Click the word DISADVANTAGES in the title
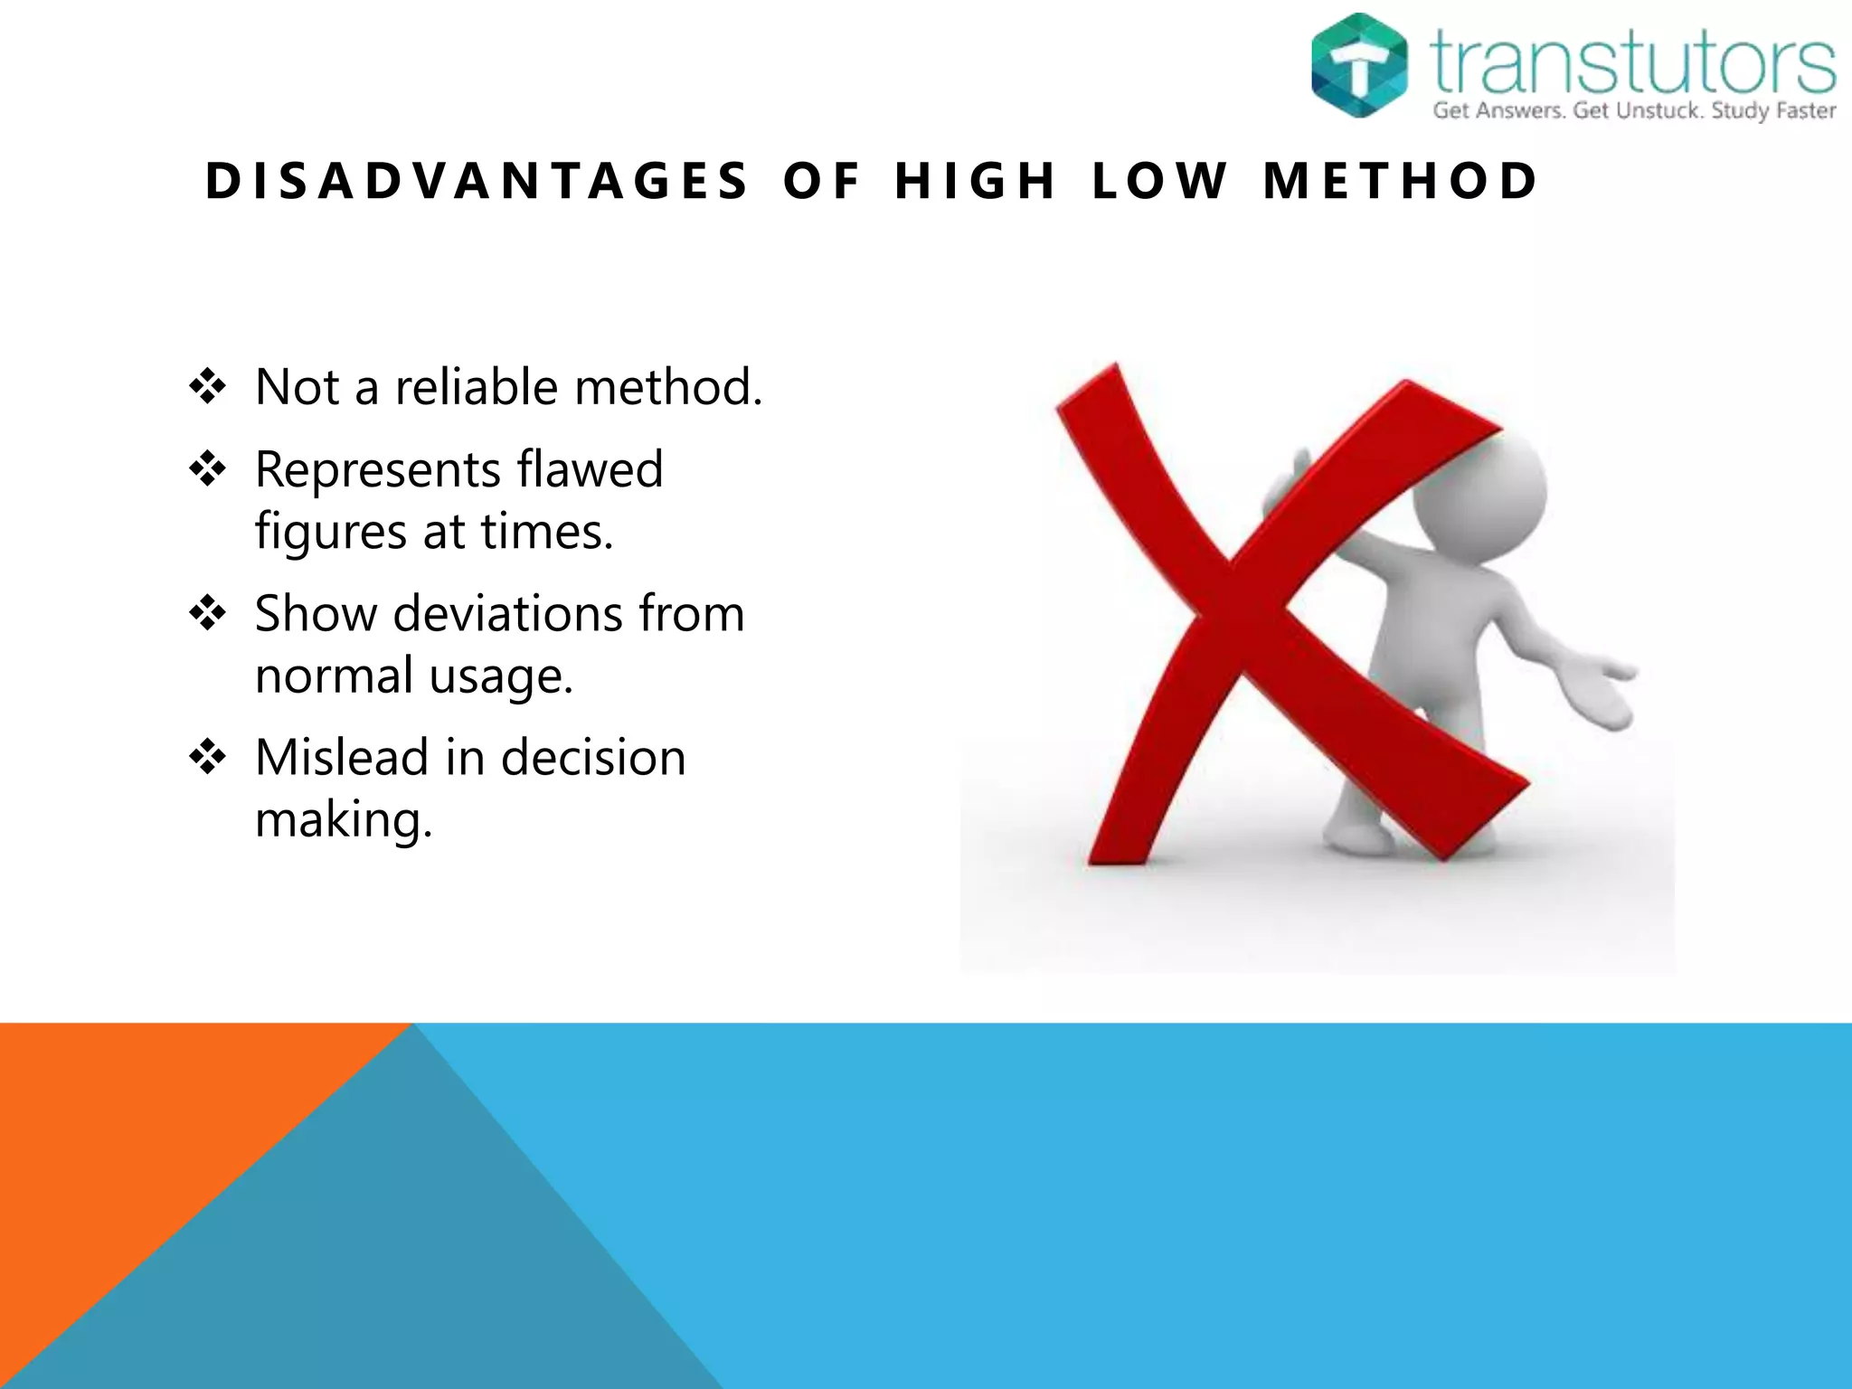[477, 181]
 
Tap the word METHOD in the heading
[1400, 181]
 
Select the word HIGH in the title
[975, 181]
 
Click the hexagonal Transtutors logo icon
[1358, 65]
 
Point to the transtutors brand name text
[1633, 61]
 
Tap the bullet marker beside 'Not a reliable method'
[208, 387]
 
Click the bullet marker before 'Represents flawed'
[208, 469]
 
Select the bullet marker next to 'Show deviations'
[208, 613]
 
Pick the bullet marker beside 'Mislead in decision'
[208, 757]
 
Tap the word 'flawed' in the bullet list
[590, 469]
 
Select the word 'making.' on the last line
[344, 821]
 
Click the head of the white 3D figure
[1483, 488]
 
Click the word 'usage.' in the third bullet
[501, 677]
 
